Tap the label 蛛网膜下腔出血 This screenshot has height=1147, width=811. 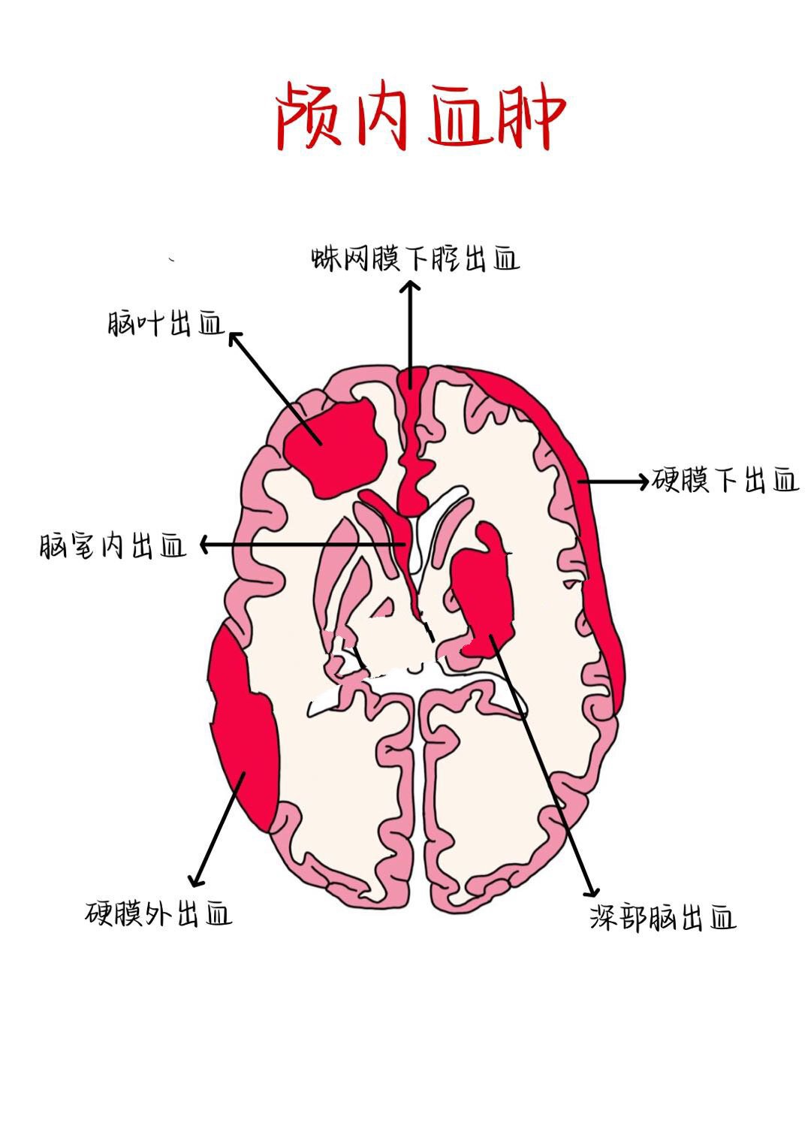point(415,259)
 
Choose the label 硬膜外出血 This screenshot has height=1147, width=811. point(158,913)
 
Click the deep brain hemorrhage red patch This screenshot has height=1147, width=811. point(484,593)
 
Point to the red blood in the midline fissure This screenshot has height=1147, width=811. point(412,458)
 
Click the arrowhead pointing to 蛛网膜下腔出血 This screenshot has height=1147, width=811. point(410,285)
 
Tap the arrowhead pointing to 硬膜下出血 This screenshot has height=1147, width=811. point(644,481)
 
